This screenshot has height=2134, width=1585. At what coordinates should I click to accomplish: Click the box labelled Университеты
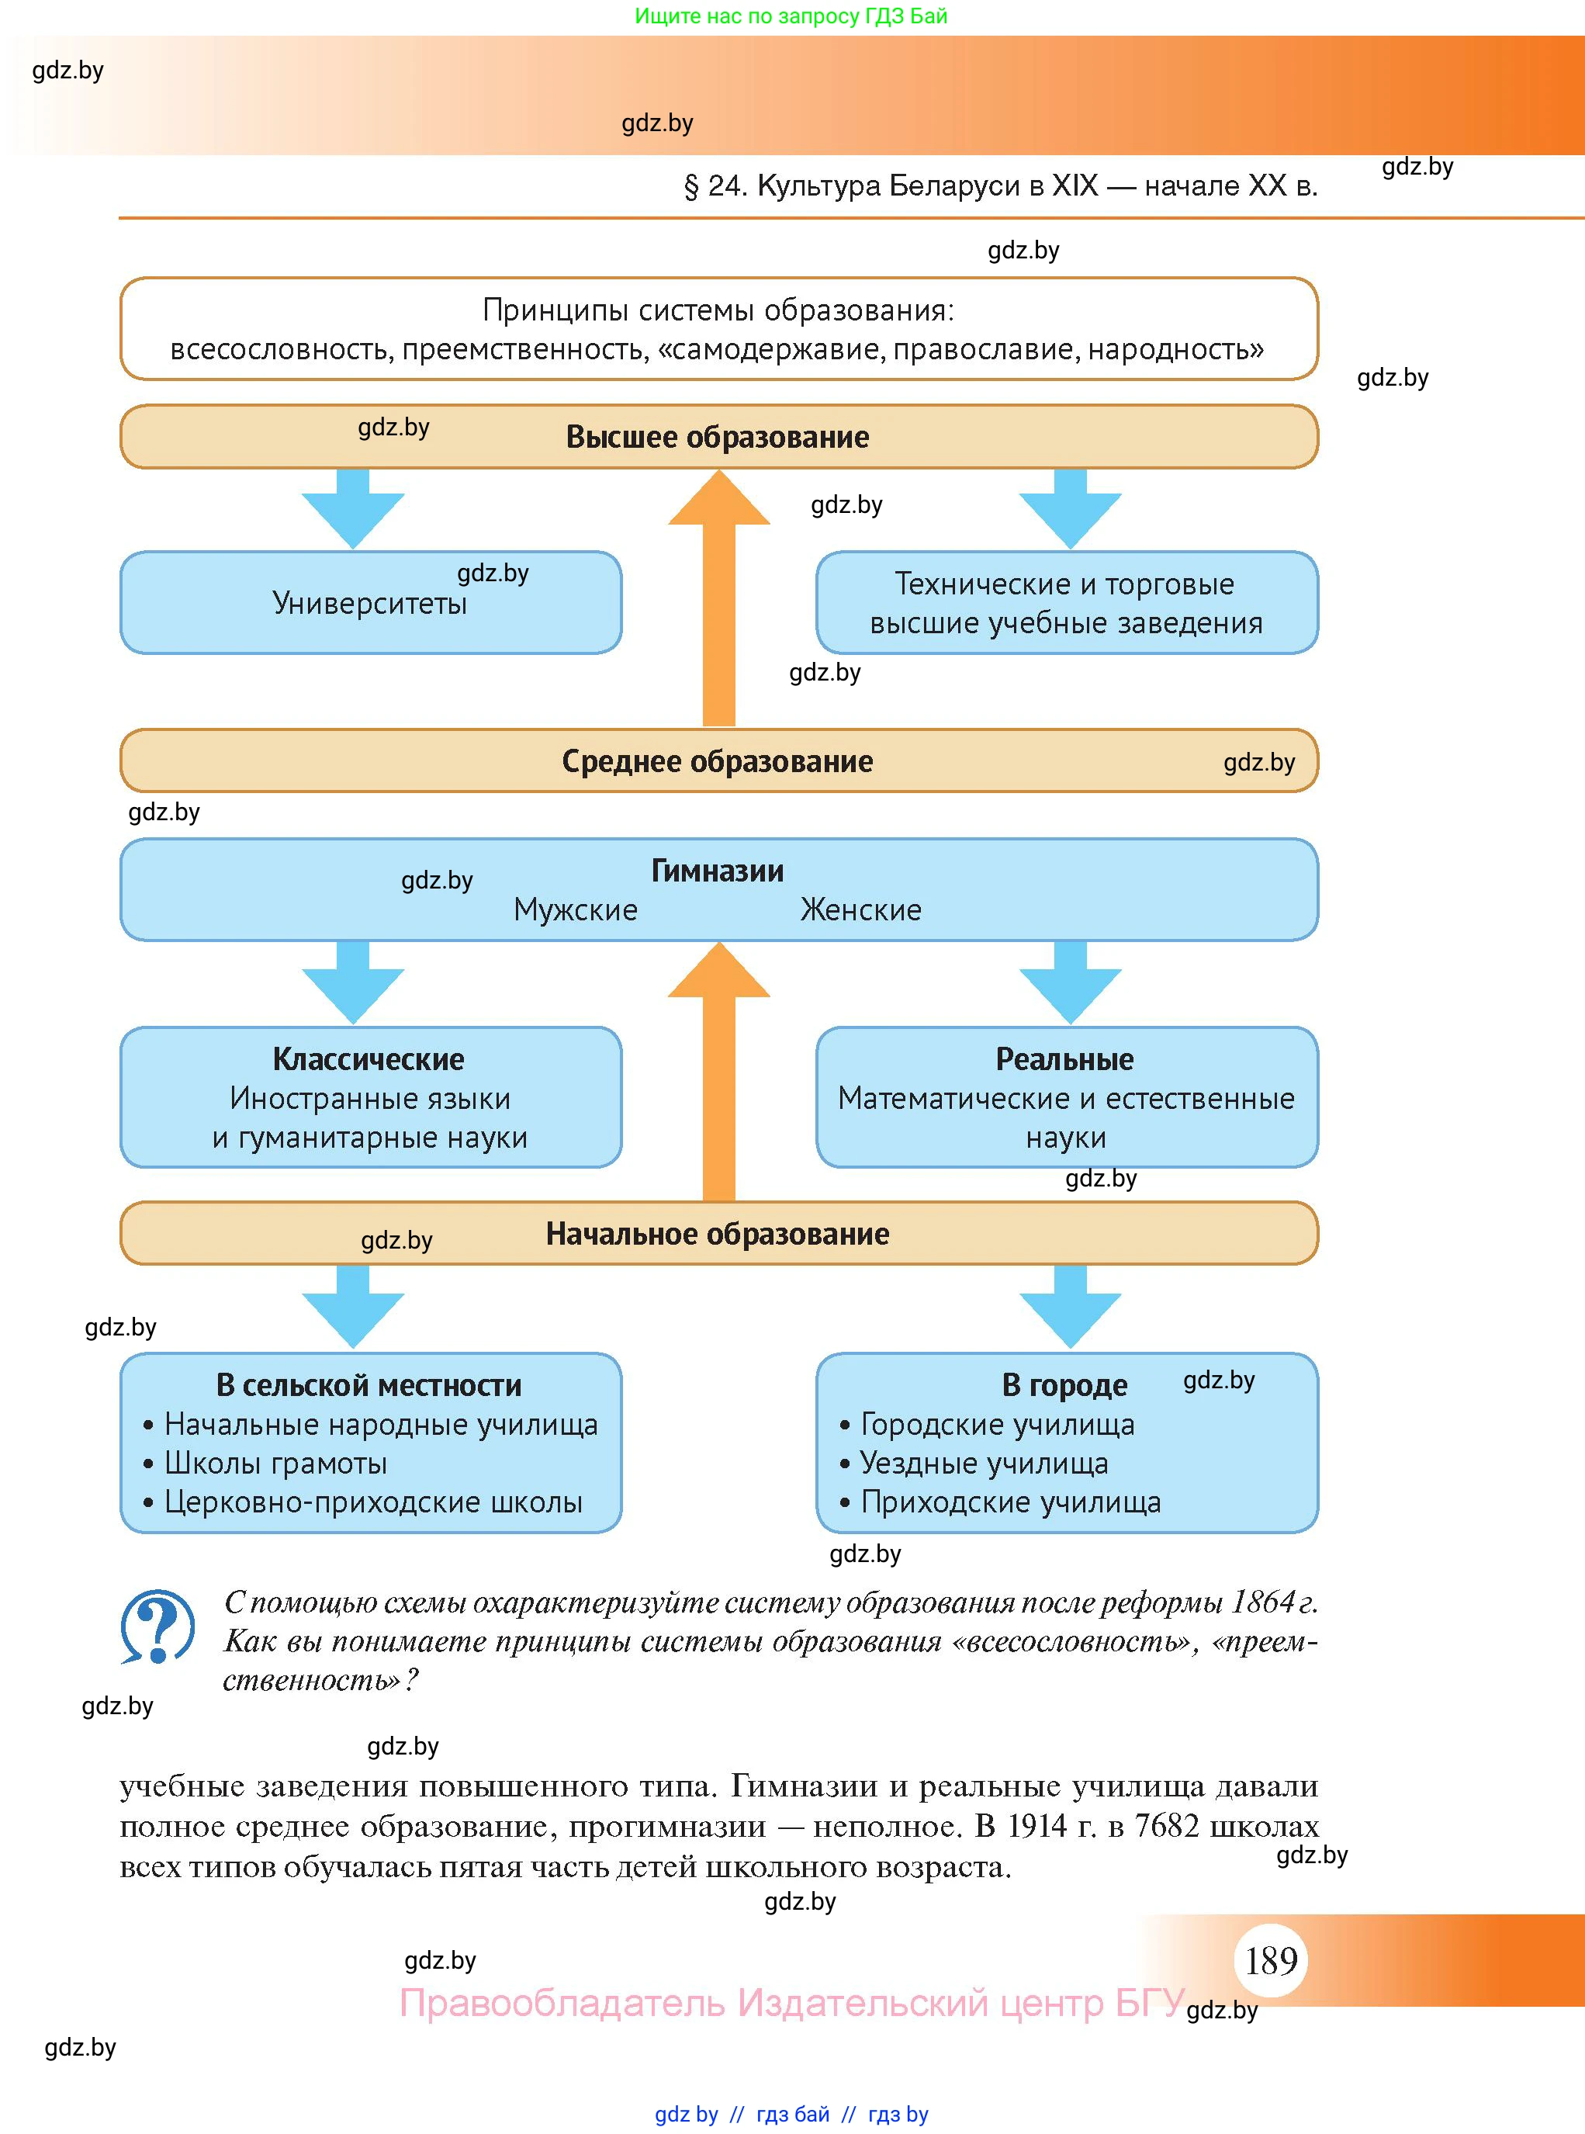[370, 603]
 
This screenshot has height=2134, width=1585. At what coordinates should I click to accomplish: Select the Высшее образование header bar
[718, 437]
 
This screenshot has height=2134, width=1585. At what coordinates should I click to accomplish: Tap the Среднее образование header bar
[718, 761]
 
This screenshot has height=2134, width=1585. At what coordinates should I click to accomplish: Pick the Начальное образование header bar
[718, 1233]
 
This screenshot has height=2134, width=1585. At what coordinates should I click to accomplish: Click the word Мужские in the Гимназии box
[576, 909]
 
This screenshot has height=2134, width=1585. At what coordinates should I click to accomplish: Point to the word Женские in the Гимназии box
[860, 909]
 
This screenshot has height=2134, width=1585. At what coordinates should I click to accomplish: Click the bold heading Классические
[369, 1059]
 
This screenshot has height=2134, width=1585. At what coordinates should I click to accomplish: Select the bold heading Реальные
[1065, 1059]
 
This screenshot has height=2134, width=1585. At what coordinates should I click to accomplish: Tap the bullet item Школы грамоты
[275, 1464]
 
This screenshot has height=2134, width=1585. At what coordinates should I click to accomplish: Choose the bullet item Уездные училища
[985, 1464]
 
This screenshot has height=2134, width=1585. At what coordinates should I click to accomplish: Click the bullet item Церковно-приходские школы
[373, 1502]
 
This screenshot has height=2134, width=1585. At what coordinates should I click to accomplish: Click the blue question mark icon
[157, 1626]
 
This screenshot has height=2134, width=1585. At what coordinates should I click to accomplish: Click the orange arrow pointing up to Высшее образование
[718, 595]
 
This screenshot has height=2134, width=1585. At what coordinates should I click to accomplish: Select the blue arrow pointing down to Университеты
[353, 508]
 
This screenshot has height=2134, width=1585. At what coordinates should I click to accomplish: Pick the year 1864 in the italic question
[1264, 1602]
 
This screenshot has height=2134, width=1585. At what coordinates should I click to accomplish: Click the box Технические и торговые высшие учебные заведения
[1067, 603]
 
